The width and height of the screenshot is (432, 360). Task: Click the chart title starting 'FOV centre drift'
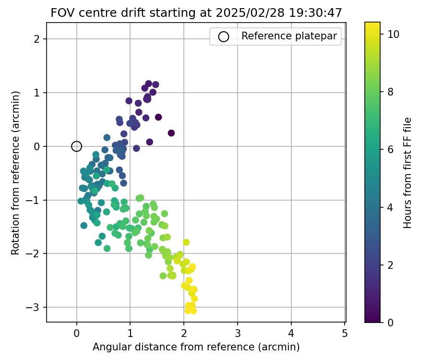(196, 13)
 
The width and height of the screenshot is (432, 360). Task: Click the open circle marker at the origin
(76, 146)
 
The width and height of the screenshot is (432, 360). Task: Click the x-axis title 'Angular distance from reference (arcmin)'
(196, 347)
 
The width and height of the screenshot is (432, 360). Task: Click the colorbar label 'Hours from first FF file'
(408, 172)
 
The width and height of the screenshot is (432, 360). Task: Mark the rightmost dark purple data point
(171, 133)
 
